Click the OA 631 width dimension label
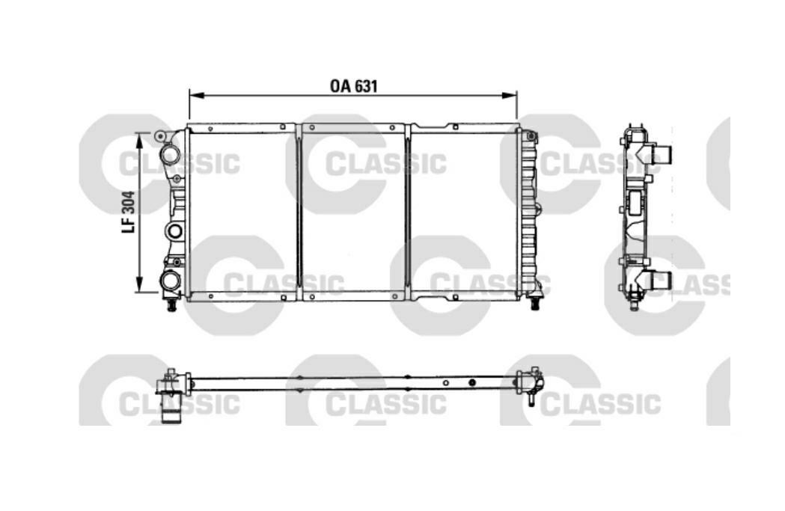pyautogui.click(x=353, y=86)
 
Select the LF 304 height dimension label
pyautogui.click(x=128, y=212)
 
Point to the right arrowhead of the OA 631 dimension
pyautogui.click(x=510, y=94)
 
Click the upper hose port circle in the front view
pyautogui.click(x=170, y=152)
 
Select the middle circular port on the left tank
pyautogui.click(x=174, y=230)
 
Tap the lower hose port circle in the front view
pyautogui.click(x=170, y=281)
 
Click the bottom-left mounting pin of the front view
pyautogui.click(x=171, y=304)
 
